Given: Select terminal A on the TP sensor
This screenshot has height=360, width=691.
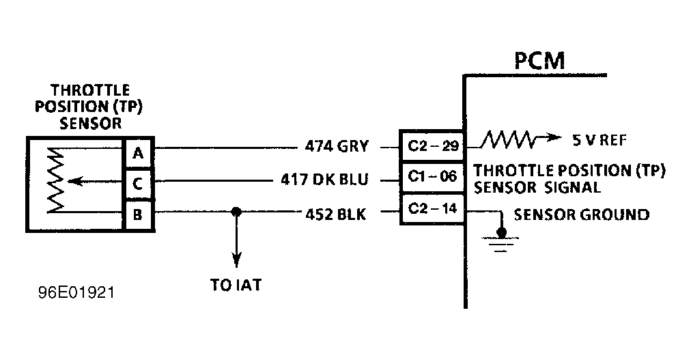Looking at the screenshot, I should pos(138,154).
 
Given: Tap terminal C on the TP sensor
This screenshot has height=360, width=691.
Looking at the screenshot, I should pos(138,184).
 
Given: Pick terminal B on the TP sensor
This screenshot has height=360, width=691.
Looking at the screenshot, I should pos(138,215).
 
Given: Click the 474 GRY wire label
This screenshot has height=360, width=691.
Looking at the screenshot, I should pos(337,146).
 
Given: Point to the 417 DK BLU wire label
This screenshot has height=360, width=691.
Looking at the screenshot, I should pos(324,180).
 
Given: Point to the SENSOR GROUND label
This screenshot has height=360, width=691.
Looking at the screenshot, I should pos(581,215).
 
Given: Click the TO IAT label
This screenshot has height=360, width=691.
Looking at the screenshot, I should pos(236,285).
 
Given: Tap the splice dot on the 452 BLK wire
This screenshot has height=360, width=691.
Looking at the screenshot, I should pos(236,213).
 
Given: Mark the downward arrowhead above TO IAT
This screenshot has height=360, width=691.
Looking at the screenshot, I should pos(236,260).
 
